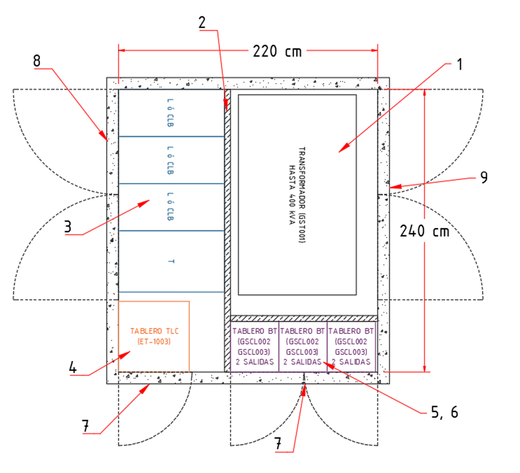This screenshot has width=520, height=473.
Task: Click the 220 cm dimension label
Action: [x=277, y=51]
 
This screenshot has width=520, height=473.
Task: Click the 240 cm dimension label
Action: [x=424, y=231]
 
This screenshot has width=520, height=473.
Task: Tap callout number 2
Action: [x=202, y=22]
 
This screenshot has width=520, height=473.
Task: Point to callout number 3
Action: [x=68, y=226]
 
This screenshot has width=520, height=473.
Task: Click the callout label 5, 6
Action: [x=444, y=411]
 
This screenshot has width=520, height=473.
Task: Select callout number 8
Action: [x=37, y=61]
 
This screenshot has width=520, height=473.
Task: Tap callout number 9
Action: [x=482, y=177]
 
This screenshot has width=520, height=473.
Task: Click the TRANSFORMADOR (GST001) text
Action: [x=302, y=195]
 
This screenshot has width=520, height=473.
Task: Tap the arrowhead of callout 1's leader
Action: [x=339, y=151]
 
